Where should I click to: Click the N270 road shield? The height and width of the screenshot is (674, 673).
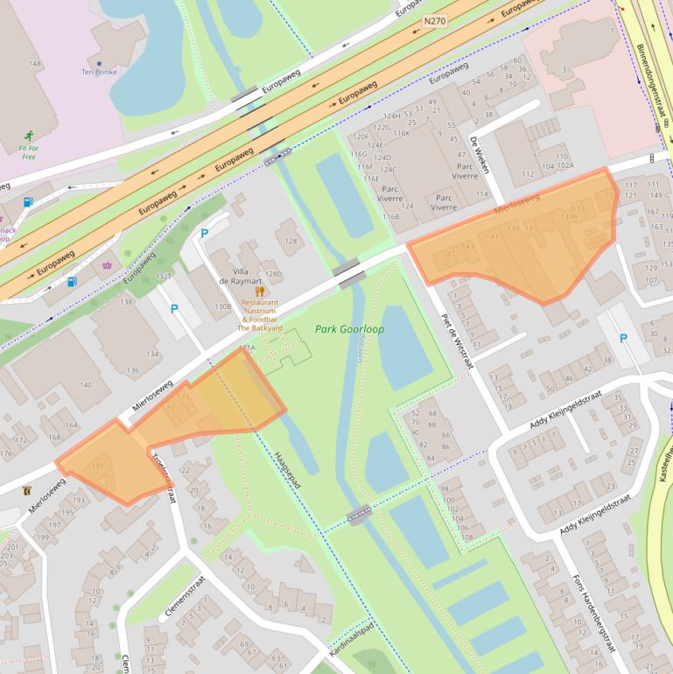click(434, 20)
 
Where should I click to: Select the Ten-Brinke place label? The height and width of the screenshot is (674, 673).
click(99, 72)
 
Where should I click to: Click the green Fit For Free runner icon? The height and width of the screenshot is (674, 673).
click(29, 136)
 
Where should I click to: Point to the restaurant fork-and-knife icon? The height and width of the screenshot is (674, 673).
click(259, 291)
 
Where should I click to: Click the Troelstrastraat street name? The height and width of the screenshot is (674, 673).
click(165, 477)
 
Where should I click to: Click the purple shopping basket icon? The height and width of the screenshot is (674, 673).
click(108, 265)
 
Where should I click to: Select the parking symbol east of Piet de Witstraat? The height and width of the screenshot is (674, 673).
click(623, 338)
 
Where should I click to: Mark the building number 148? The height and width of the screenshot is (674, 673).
click(35, 64)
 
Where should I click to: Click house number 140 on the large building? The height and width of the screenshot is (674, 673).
click(85, 385)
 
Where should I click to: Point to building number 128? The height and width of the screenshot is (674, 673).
click(291, 240)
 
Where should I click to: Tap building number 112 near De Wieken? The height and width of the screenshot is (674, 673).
click(528, 174)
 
